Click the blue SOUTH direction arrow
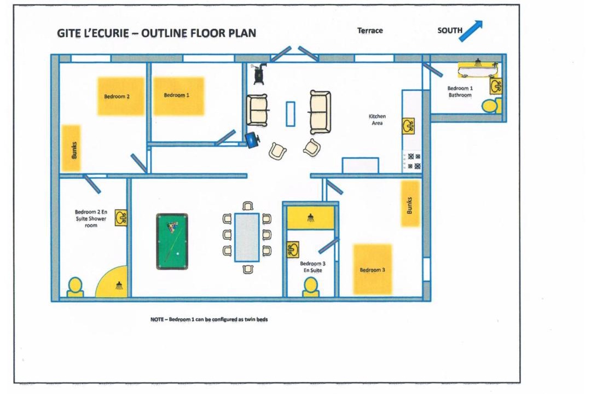click(x=471, y=31)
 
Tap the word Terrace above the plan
click(x=370, y=31)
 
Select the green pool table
click(x=172, y=241)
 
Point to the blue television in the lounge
click(x=252, y=140)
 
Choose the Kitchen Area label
click(x=377, y=120)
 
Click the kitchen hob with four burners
click(x=412, y=160)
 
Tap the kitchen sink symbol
click(x=408, y=125)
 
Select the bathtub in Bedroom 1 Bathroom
click(x=478, y=68)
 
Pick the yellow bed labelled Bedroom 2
click(x=121, y=96)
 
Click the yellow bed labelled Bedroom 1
click(x=178, y=96)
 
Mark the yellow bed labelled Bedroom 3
click(x=372, y=269)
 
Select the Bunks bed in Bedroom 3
click(x=410, y=204)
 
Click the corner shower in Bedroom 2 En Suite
click(x=115, y=283)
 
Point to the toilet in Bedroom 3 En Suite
click(x=311, y=287)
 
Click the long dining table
click(x=247, y=237)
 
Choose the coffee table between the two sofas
click(x=290, y=113)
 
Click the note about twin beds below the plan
click(x=209, y=320)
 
